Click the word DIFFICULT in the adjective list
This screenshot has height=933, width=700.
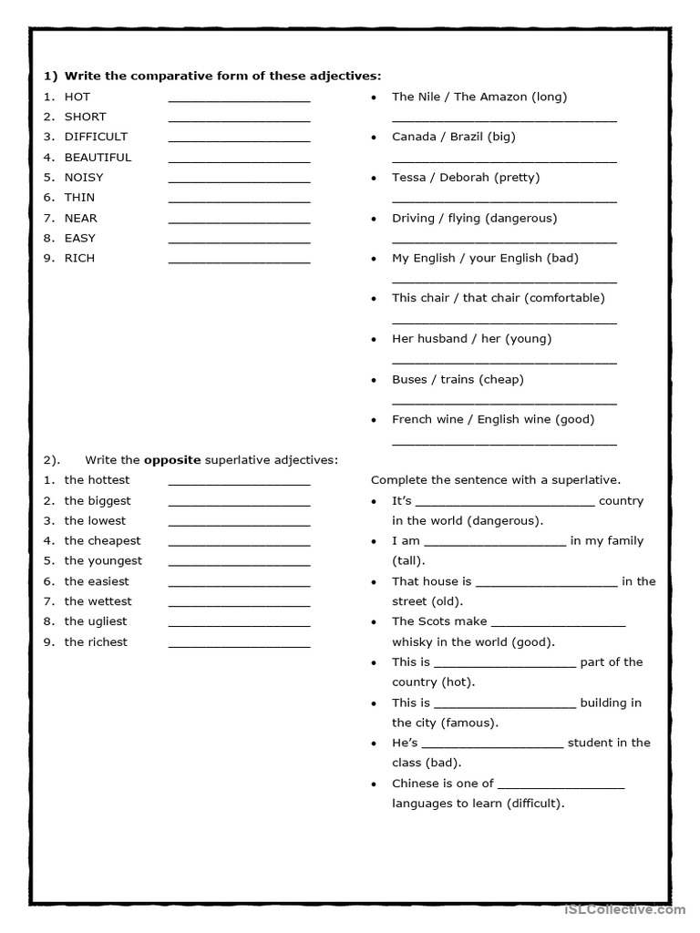point(96,137)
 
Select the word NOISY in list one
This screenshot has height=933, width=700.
point(84,177)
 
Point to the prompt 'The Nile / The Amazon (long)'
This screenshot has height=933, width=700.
point(479,97)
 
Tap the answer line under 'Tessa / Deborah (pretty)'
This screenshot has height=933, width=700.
point(504,200)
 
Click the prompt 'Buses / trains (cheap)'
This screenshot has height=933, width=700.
point(458,379)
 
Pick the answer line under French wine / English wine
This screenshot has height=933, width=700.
point(504,443)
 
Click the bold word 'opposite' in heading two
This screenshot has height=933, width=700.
point(172,459)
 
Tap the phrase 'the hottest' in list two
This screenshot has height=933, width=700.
point(97,480)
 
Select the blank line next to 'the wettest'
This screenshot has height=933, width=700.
point(239,605)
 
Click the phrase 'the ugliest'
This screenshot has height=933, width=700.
point(96,621)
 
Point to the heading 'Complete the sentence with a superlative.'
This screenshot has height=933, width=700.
point(496,479)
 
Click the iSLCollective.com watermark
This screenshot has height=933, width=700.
point(624,908)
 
